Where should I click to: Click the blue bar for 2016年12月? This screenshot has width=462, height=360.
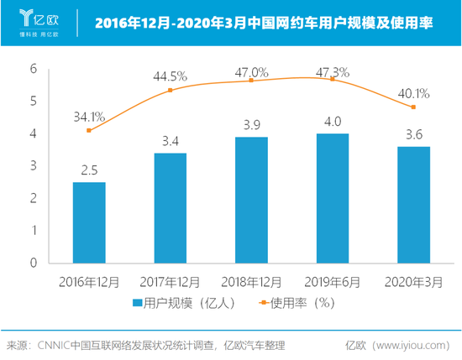[89, 222]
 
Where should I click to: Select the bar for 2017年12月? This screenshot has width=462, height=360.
[171, 207]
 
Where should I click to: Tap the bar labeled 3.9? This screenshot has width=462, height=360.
[251, 200]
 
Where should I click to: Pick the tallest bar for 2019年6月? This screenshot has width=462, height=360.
[332, 198]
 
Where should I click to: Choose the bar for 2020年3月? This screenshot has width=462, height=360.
[412, 204]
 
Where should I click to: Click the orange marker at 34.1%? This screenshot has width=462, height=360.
[89, 130]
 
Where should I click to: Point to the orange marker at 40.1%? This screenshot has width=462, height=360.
[412, 107]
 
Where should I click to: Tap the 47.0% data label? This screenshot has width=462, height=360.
[252, 73]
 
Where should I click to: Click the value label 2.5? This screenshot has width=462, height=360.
[89, 170]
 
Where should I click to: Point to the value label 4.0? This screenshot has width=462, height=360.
[332, 123]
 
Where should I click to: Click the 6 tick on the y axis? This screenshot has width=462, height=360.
[34, 69]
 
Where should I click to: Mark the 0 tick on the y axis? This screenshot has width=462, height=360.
[34, 263]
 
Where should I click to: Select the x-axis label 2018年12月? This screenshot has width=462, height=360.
[251, 281]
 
